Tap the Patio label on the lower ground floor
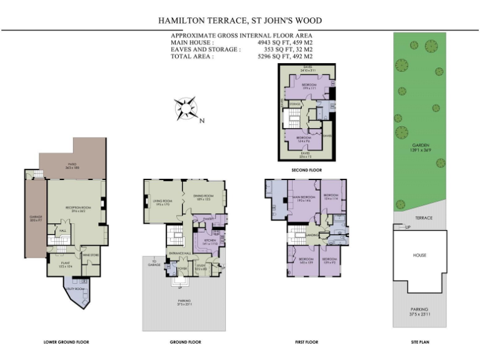coord(71,165)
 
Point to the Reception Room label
coord(75,208)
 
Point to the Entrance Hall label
coord(180,252)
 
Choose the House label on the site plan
coord(419,255)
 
